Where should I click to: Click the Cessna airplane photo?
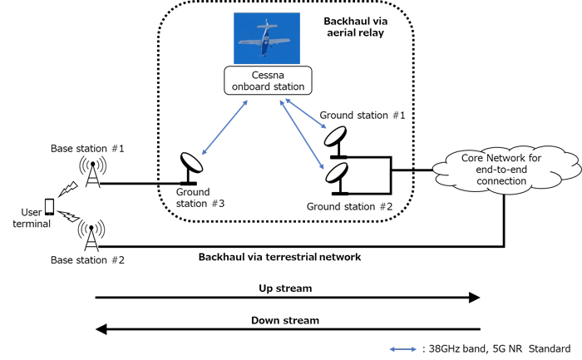point(269,39)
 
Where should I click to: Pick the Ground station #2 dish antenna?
point(338,175)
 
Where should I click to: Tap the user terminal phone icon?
point(50,205)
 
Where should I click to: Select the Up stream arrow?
point(288,297)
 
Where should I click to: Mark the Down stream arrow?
point(288,329)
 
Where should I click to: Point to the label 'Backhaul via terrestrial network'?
point(279,257)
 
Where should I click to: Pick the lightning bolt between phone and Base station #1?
point(69,190)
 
